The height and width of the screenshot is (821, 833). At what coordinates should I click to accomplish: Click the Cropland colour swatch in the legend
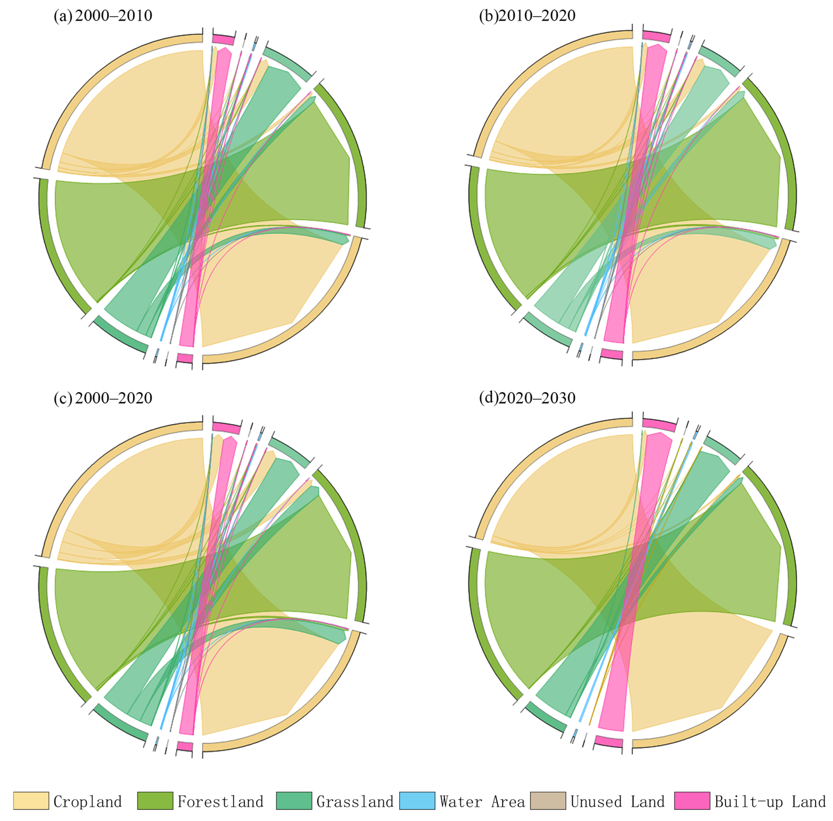click(x=31, y=801)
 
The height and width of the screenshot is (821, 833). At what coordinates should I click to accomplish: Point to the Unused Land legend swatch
click(x=548, y=801)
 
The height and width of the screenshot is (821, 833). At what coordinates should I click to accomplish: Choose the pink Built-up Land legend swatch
click(x=692, y=801)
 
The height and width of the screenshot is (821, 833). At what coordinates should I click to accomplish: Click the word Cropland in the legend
click(x=87, y=802)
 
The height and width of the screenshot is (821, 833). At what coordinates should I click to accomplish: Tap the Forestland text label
click(x=220, y=802)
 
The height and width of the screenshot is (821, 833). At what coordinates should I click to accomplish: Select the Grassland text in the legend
click(x=355, y=802)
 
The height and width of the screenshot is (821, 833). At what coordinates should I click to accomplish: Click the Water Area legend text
click(x=482, y=802)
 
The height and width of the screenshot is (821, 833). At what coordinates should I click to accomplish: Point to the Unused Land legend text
click(x=618, y=802)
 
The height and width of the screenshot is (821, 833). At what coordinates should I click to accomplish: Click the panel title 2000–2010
click(x=113, y=16)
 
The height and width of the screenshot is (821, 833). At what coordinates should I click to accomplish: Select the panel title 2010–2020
click(x=536, y=16)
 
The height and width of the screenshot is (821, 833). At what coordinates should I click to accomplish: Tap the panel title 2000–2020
click(x=113, y=398)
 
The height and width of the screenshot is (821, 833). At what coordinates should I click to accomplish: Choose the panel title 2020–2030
click(x=536, y=398)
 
